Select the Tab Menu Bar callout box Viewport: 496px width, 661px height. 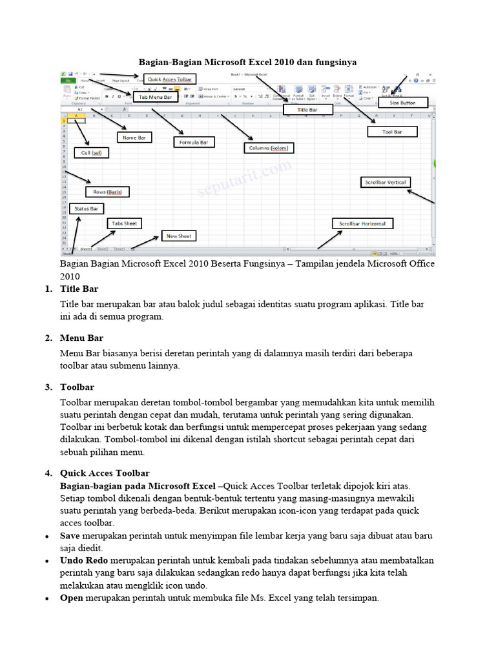coord(156,97)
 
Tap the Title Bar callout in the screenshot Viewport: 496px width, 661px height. coord(307,110)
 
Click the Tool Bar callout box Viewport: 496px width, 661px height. coord(393,132)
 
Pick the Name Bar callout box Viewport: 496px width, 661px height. coord(134,137)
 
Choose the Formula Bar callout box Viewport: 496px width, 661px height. coord(194,141)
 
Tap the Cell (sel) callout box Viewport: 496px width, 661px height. coord(91,153)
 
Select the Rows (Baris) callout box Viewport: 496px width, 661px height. coord(107,192)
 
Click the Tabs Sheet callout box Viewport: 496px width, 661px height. coord(125,223)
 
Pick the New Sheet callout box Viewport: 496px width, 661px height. coord(179,236)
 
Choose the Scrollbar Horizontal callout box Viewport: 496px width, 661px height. coord(362,224)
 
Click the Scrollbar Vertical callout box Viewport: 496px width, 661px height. coord(386,183)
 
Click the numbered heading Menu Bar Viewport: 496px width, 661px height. coord(81,338)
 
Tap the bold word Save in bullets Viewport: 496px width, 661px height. coord(70,536)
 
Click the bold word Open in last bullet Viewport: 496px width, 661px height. coord(72,598)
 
